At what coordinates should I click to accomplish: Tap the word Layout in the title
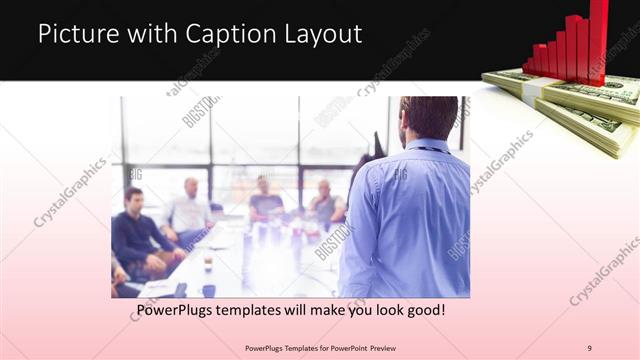click(x=321, y=34)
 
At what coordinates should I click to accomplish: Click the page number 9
click(x=590, y=348)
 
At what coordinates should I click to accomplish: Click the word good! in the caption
click(x=424, y=311)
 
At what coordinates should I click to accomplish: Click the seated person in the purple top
click(x=265, y=201)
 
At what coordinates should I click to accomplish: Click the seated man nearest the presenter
click(x=324, y=204)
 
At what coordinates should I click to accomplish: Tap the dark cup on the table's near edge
click(x=208, y=290)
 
